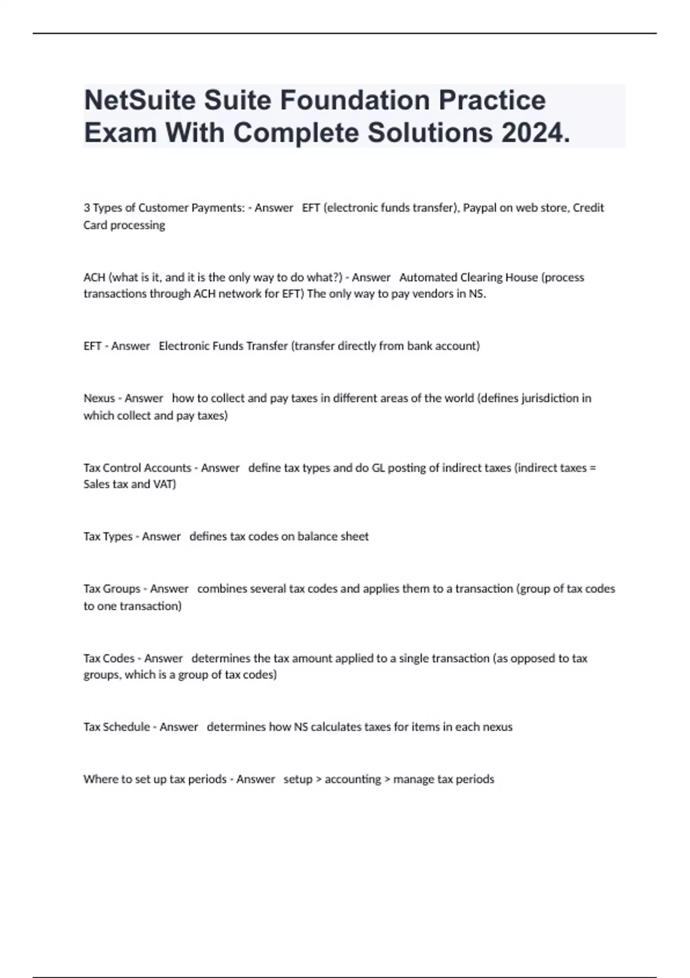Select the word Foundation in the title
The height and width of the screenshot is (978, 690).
(355, 100)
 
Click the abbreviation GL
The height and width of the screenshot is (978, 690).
(378, 468)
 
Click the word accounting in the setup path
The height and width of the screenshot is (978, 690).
(353, 780)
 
